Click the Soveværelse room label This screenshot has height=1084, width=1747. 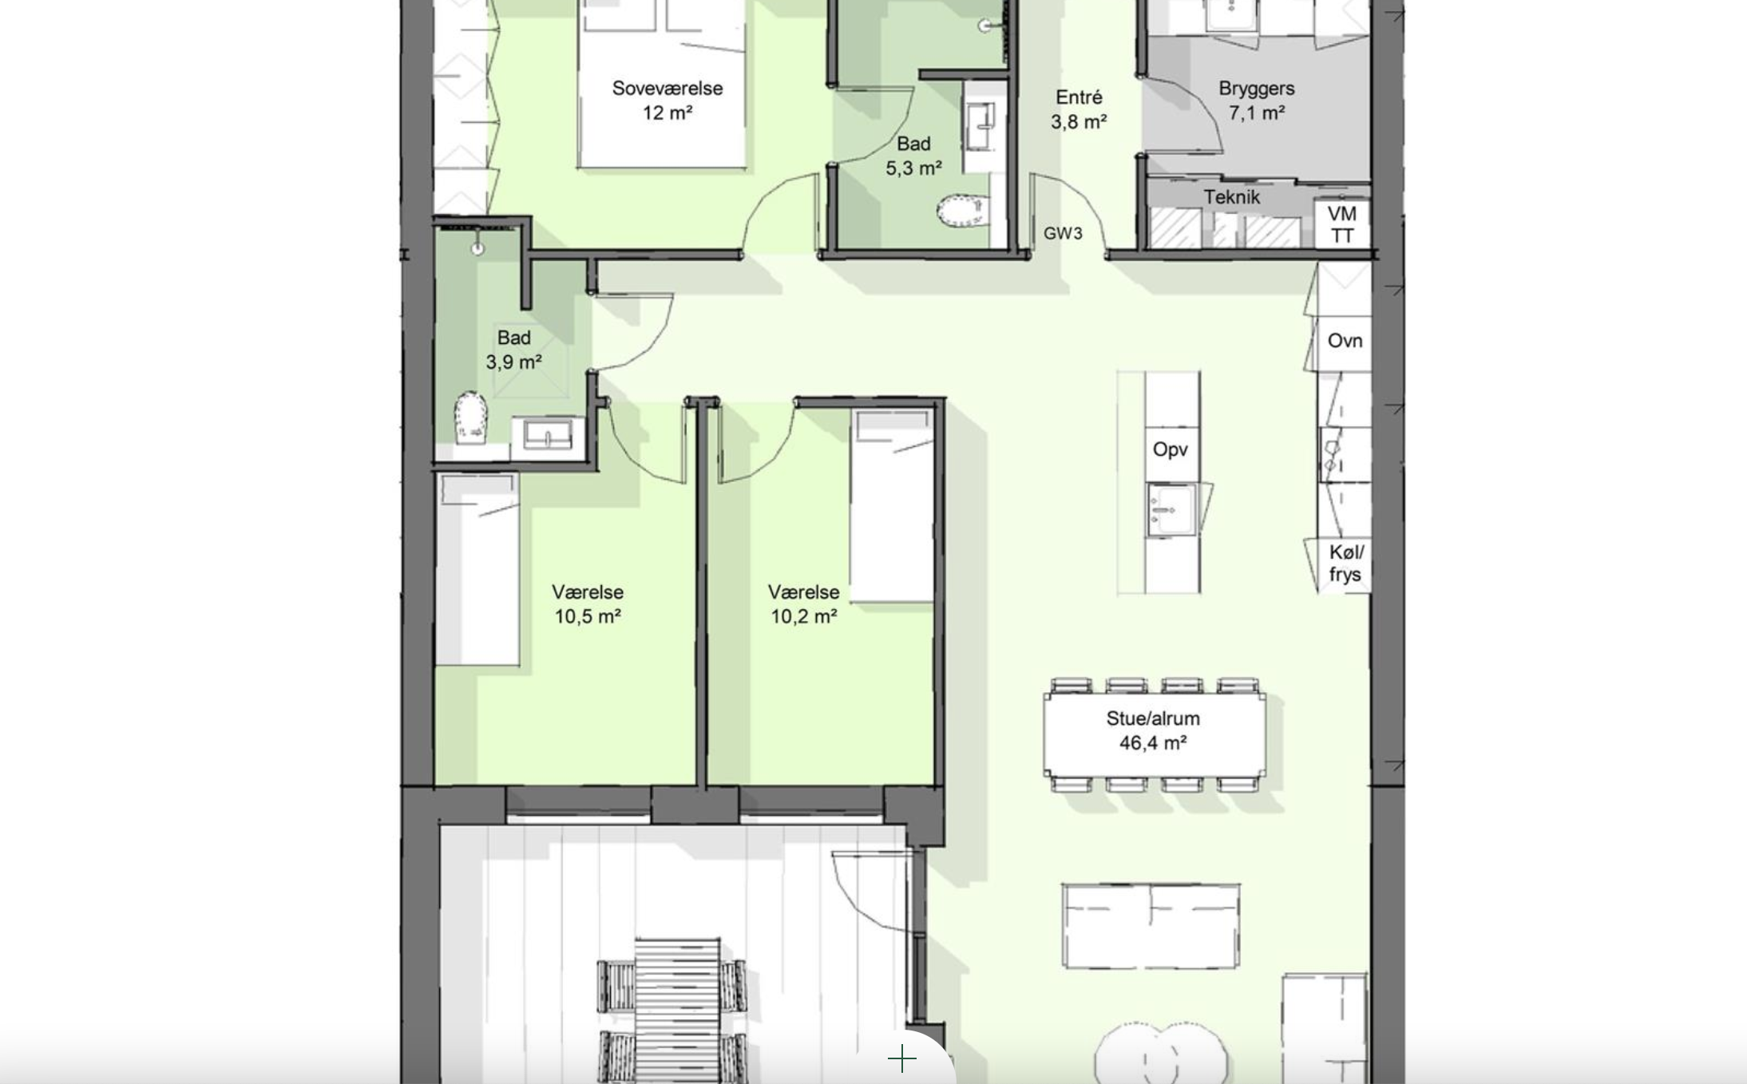[x=668, y=89]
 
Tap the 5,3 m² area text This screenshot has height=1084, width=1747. [x=913, y=168]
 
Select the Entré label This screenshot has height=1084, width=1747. [x=1079, y=97]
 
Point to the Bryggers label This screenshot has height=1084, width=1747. [x=1257, y=89]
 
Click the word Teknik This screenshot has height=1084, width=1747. [x=1232, y=197]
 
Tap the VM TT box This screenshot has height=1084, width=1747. [x=1342, y=224]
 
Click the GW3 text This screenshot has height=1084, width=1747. [x=1063, y=234]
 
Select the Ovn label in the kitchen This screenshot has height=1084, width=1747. [x=1345, y=341]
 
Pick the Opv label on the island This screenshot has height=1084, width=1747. [x=1171, y=449]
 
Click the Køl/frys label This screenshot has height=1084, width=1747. [x=1346, y=564]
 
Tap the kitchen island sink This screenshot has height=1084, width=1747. [x=1172, y=509]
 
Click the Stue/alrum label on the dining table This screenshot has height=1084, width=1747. [x=1153, y=718]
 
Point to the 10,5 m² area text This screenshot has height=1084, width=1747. [x=588, y=617]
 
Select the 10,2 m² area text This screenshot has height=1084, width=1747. [x=804, y=617]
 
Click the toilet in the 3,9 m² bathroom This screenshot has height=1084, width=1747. [x=471, y=417]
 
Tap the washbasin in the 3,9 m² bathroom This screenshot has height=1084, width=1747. [x=548, y=436]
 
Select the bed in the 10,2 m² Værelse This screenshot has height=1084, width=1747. [x=892, y=506]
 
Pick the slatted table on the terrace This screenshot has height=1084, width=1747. [x=677, y=1010]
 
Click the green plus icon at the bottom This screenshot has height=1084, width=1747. [x=902, y=1059]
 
